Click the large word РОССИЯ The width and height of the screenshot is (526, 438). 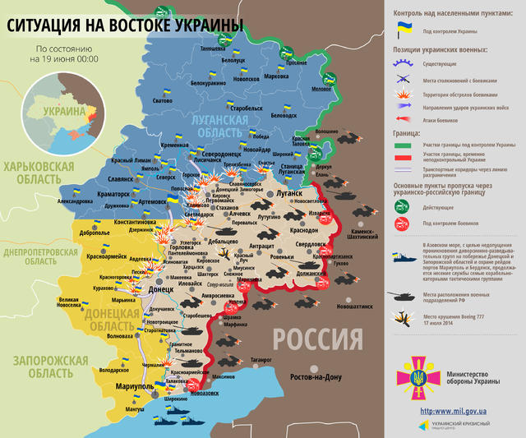317,339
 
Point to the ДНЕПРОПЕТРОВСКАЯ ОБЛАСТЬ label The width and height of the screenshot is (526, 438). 44,256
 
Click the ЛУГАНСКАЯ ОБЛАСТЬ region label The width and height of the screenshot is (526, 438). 212,127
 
